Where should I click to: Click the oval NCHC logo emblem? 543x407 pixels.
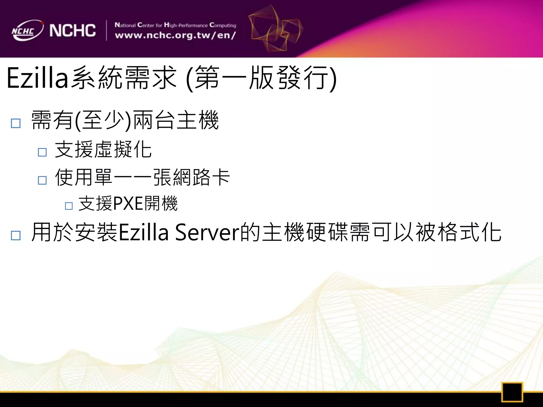pyautogui.click(x=27, y=30)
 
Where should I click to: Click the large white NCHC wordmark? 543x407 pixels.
pyautogui.click(x=72, y=30)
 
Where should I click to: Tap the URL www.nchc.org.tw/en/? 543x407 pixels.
pyautogui.click(x=175, y=36)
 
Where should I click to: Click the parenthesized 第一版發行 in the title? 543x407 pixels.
pyautogui.click(x=261, y=78)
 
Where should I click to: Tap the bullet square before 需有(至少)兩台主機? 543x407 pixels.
pyautogui.click(x=16, y=123)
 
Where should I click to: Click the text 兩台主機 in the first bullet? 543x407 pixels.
pyautogui.click(x=176, y=120)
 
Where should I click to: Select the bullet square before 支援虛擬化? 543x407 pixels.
pyautogui.click(x=42, y=152)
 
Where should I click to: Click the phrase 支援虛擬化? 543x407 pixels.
pyautogui.click(x=103, y=149)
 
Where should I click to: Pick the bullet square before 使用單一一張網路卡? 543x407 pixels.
pyautogui.click(x=42, y=180)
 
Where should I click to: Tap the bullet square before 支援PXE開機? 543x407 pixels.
pyautogui.click(x=69, y=206)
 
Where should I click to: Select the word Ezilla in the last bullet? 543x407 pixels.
pyautogui.click(x=143, y=232)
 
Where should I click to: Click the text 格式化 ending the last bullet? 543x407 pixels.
pyautogui.click(x=470, y=232)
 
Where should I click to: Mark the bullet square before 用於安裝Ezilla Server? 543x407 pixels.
pyautogui.click(x=16, y=235)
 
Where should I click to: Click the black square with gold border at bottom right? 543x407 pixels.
pyautogui.click(x=512, y=392)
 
